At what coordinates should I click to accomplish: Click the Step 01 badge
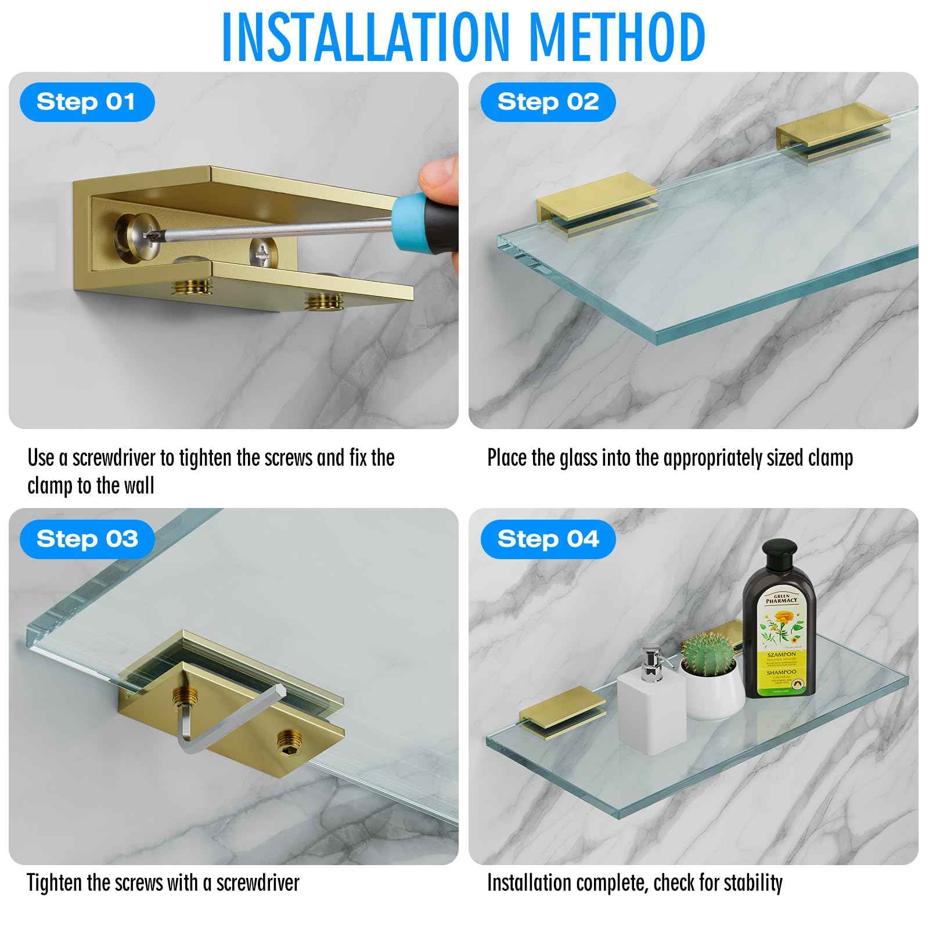(x=87, y=102)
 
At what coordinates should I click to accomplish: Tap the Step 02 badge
(x=548, y=102)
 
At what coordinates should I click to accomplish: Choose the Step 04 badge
(x=548, y=539)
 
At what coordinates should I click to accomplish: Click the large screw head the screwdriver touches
(x=138, y=235)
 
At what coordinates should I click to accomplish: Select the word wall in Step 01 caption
(x=139, y=486)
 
